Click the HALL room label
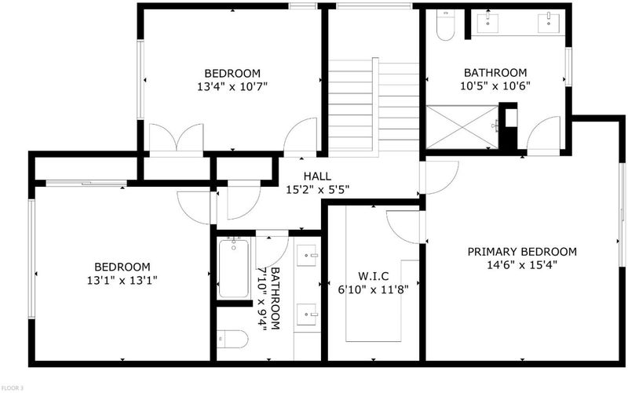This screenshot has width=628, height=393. pos(317,176)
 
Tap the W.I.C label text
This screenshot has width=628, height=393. pos(374,276)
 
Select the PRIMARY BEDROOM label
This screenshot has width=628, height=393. pos(522,252)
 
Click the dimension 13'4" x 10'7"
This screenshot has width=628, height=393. pos(232,86)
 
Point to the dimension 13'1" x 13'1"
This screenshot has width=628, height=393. pos(122,280)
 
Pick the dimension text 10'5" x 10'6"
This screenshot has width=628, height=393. pos(495,86)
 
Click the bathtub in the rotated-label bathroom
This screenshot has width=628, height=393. pos(233,267)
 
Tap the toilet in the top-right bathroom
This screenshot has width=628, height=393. pos(445,25)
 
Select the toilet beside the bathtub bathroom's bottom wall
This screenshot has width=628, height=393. pos(232,340)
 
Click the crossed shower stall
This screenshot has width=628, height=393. pos(462,127)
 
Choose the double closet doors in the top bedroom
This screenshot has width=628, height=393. pos(176,137)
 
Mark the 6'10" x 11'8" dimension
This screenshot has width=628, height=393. pos(374,289)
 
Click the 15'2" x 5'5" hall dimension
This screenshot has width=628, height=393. pos(317,189)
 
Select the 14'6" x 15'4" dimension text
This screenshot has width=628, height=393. pos(522,265)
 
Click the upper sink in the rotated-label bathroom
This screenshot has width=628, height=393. pos(308,255)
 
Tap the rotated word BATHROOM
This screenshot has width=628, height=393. pos(276,299)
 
